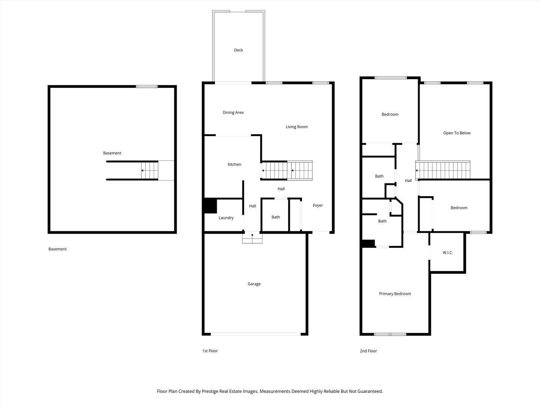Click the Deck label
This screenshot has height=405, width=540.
(x=238, y=50)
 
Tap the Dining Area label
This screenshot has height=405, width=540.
(x=233, y=112)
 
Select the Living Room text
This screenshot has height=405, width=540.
(x=297, y=127)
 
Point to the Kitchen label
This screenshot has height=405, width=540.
(x=234, y=164)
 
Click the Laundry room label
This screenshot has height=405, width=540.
(x=226, y=217)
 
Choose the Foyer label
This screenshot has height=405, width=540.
(x=318, y=205)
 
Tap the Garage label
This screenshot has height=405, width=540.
(x=254, y=284)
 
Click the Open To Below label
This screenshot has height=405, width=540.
(x=457, y=133)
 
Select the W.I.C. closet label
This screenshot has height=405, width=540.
(x=447, y=252)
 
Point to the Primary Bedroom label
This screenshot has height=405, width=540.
(x=395, y=294)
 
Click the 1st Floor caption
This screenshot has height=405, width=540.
(x=210, y=351)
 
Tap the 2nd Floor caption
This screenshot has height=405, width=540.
(x=368, y=351)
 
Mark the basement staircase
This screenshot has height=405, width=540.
(x=149, y=170)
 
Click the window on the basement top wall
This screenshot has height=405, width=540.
(x=147, y=86)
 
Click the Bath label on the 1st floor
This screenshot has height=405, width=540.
(x=276, y=217)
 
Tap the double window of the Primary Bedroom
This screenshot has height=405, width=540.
(x=390, y=334)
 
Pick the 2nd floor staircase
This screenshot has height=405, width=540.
(x=443, y=170)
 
